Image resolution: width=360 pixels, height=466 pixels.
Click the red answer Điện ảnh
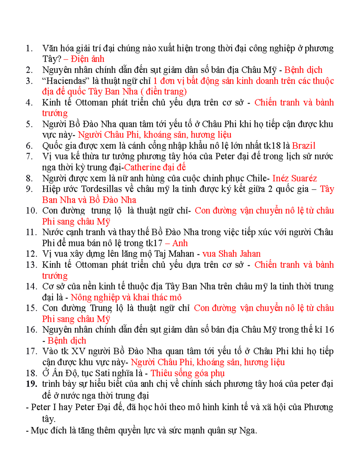(x=87, y=59)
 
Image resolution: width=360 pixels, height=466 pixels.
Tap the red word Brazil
(x=303, y=146)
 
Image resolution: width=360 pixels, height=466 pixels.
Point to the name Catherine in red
(x=142, y=167)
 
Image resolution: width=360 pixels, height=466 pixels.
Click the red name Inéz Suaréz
(x=294, y=178)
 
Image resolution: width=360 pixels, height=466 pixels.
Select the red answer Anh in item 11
(x=180, y=243)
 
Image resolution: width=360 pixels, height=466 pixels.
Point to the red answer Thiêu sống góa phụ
(x=187, y=373)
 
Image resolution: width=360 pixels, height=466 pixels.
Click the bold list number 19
(x=31, y=384)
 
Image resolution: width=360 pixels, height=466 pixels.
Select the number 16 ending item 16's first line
(x=329, y=330)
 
